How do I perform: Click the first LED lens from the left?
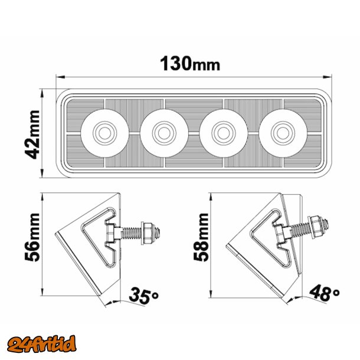tap(105, 131)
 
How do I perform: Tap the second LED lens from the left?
tap(163, 131)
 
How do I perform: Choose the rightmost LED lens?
tap(282, 131)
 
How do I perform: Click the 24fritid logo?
tap(42, 342)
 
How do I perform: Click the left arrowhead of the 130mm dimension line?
tap(59, 76)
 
